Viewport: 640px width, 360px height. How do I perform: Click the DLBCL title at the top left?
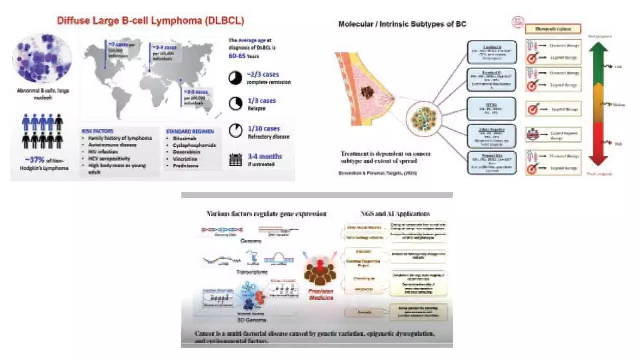[x=151, y=21]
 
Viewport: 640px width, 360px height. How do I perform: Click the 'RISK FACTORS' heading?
[x=100, y=131]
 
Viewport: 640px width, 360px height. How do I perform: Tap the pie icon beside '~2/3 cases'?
[x=234, y=78]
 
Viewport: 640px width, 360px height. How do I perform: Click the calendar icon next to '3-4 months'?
[x=234, y=159]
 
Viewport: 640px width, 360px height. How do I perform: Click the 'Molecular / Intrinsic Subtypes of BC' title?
[x=402, y=24]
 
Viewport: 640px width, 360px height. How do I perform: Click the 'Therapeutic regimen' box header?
[x=553, y=28]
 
